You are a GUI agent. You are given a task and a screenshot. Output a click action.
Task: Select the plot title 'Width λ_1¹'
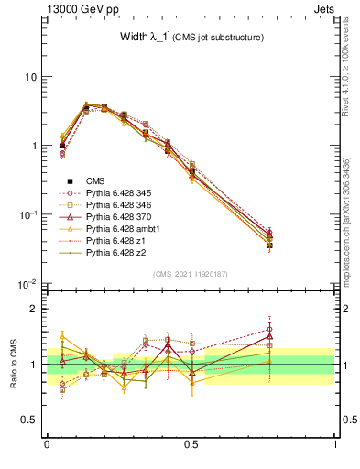point(173,37)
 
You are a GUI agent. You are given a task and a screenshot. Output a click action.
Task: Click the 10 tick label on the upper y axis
point(30,77)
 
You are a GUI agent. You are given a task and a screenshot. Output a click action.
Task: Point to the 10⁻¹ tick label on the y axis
point(28,214)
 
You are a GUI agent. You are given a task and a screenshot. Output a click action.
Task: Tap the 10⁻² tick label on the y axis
point(28,283)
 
